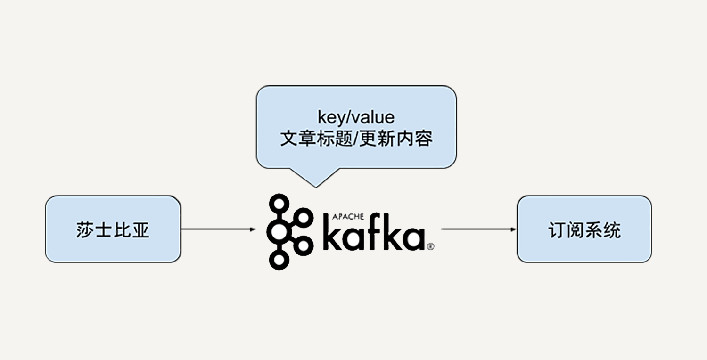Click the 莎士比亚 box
(113, 229)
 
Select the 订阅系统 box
(584, 229)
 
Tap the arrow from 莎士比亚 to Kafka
(217, 229)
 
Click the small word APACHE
(348, 216)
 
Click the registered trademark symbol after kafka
(430, 246)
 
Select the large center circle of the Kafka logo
(279, 230)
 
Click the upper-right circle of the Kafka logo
(304, 217)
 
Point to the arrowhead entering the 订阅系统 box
(514, 229)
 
